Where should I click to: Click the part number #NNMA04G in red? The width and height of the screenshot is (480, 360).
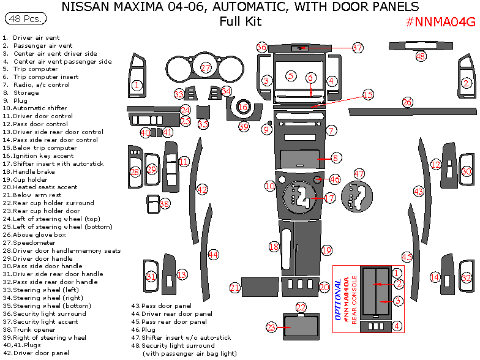point(440,23)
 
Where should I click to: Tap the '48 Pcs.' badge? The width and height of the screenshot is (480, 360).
point(25,20)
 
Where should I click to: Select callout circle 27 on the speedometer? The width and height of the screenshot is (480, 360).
point(206,67)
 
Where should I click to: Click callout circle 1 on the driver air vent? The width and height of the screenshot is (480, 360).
point(138,86)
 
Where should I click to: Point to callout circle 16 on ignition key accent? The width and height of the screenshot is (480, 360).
point(243,107)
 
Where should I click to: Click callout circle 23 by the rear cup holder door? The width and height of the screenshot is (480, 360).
point(272,328)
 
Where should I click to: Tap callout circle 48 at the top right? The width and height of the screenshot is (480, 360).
point(421,56)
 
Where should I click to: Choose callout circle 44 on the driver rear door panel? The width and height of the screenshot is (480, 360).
point(213,254)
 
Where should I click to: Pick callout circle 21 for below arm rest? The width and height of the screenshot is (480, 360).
point(235,288)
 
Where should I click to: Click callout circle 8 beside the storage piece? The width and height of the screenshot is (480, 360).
point(336,158)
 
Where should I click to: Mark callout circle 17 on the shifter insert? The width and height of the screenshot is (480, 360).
point(329,198)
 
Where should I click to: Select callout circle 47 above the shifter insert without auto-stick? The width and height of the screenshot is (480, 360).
point(359,174)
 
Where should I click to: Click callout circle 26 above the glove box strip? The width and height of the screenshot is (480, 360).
point(408,102)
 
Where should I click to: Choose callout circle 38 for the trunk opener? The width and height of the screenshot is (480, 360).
point(164,203)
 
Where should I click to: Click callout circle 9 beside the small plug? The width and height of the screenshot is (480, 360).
point(266,129)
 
